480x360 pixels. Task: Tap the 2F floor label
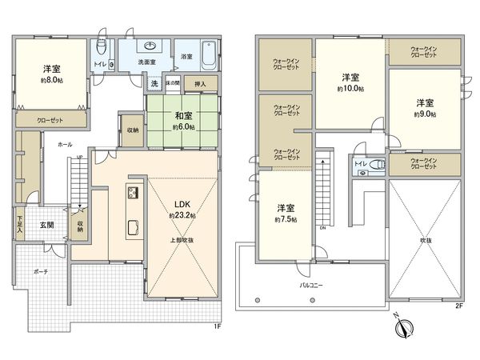point(458,305)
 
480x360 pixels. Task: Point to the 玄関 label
point(47,226)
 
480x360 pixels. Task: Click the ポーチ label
point(42,272)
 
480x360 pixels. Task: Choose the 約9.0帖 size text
point(424,114)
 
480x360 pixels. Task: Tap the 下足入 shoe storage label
point(20,225)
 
